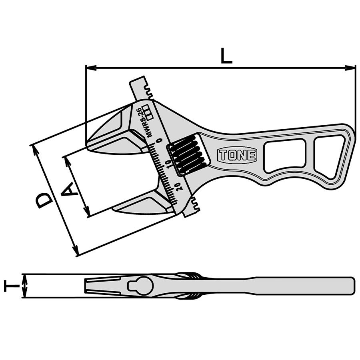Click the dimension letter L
[226, 56]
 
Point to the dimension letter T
[12, 286]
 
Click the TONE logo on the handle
[237, 155]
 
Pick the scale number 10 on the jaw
[169, 164]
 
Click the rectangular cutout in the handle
[285, 156]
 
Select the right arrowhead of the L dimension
[350, 68]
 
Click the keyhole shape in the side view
[140, 286]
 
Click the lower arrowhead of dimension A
[86, 211]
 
